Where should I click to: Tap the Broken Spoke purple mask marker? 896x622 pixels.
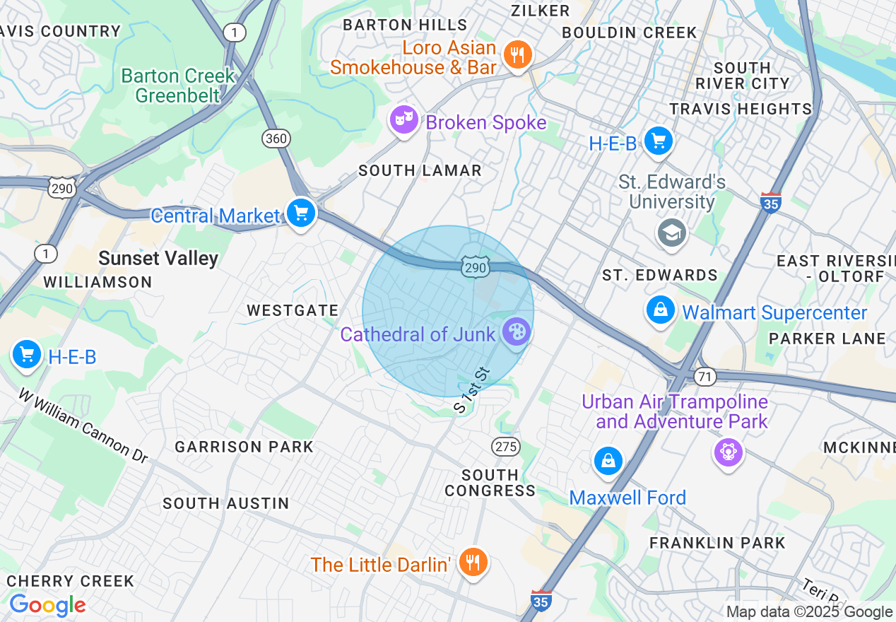pyautogui.click(x=403, y=120)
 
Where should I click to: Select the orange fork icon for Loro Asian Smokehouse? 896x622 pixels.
pyautogui.click(x=518, y=54)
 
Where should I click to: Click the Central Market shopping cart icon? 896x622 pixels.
pyautogui.click(x=301, y=213)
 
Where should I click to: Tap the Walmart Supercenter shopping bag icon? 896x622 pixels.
pyautogui.click(x=661, y=310)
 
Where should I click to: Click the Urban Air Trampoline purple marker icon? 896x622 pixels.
pyautogui.click(x=728, y=450)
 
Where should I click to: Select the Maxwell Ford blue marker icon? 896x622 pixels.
pyautogui.click(x=608, y=461)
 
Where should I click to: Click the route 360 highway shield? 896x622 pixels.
pyautogui.click(x=276, y=139)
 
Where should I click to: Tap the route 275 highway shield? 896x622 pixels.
pyautogui.click(x=506, y=447)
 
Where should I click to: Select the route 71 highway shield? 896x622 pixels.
pyautogui.click(x=705, y=377)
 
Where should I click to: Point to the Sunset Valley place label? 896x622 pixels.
pyautogui.click(x=158, y=259)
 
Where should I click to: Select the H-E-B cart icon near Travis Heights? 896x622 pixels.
pyautogui.click(x=659, y=141)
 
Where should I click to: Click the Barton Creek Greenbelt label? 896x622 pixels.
pyautogui.click(x=177, y=85)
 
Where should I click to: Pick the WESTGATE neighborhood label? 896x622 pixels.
pyautogui.click(x=293, y=310)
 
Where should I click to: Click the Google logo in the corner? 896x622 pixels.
pyautogui.click(x=47, y=606)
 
